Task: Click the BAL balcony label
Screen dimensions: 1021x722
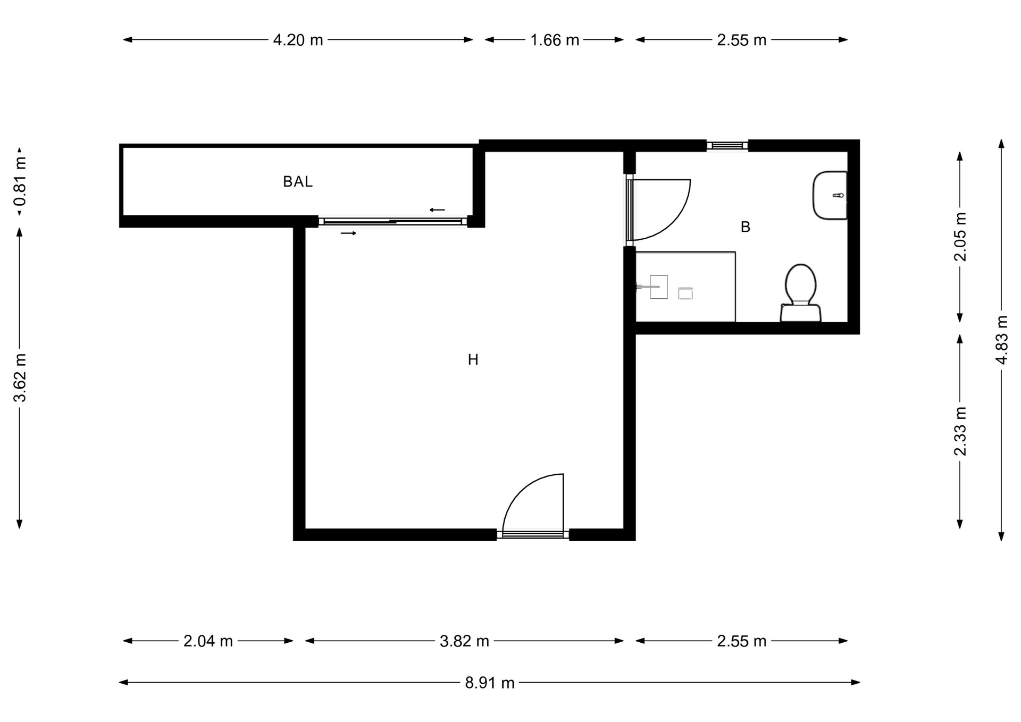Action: click(297, 182)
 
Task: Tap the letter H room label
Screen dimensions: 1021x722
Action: click(473, 360)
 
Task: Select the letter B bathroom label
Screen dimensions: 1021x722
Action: click(746, 227)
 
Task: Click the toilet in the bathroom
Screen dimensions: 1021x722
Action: click(800, 293)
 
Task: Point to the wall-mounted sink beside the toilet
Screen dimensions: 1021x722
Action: click(830, 195)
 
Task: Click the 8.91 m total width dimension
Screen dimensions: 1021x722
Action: click(490, 683)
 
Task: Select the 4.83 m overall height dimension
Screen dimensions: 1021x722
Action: click(1002, 340)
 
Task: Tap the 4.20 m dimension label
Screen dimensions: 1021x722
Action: click(298, 40)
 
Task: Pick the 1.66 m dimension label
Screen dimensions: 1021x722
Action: click(554, 40)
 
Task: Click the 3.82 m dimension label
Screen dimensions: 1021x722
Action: click(464, 641)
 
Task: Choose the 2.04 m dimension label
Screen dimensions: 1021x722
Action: click(208, 641)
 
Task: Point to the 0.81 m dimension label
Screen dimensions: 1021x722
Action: click(20, 181)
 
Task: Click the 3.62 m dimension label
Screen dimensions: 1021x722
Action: click(20, 378)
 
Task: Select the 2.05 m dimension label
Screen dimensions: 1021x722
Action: click(960, 237)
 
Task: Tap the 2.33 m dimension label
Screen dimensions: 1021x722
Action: click(960, 431)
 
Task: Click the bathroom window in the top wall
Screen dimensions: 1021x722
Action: click(727, 145)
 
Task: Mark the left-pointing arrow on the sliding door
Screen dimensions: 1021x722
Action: click(437, 210)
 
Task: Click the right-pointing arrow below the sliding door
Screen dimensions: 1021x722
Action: click(349, 233)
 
